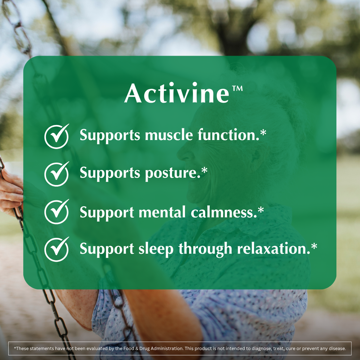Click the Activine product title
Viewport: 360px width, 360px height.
pyautogui.click(x=177, y=93)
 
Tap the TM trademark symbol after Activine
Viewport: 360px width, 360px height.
pyautogui.click(x=237, y=89)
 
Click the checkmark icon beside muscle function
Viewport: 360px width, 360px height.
pyautogui.click(x=57, y=136)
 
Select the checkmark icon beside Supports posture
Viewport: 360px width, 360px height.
pyautogui.click(x=57, y=173)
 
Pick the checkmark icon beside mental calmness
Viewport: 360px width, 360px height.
pyautogui.click(x=57, y=212)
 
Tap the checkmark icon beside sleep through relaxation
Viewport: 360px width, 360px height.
pyautogui.click(x=57, y=249)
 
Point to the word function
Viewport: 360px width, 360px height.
pyautogui.click(x=227, y=135)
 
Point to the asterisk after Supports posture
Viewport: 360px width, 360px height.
pyautogui.click(x=204, y=170)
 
